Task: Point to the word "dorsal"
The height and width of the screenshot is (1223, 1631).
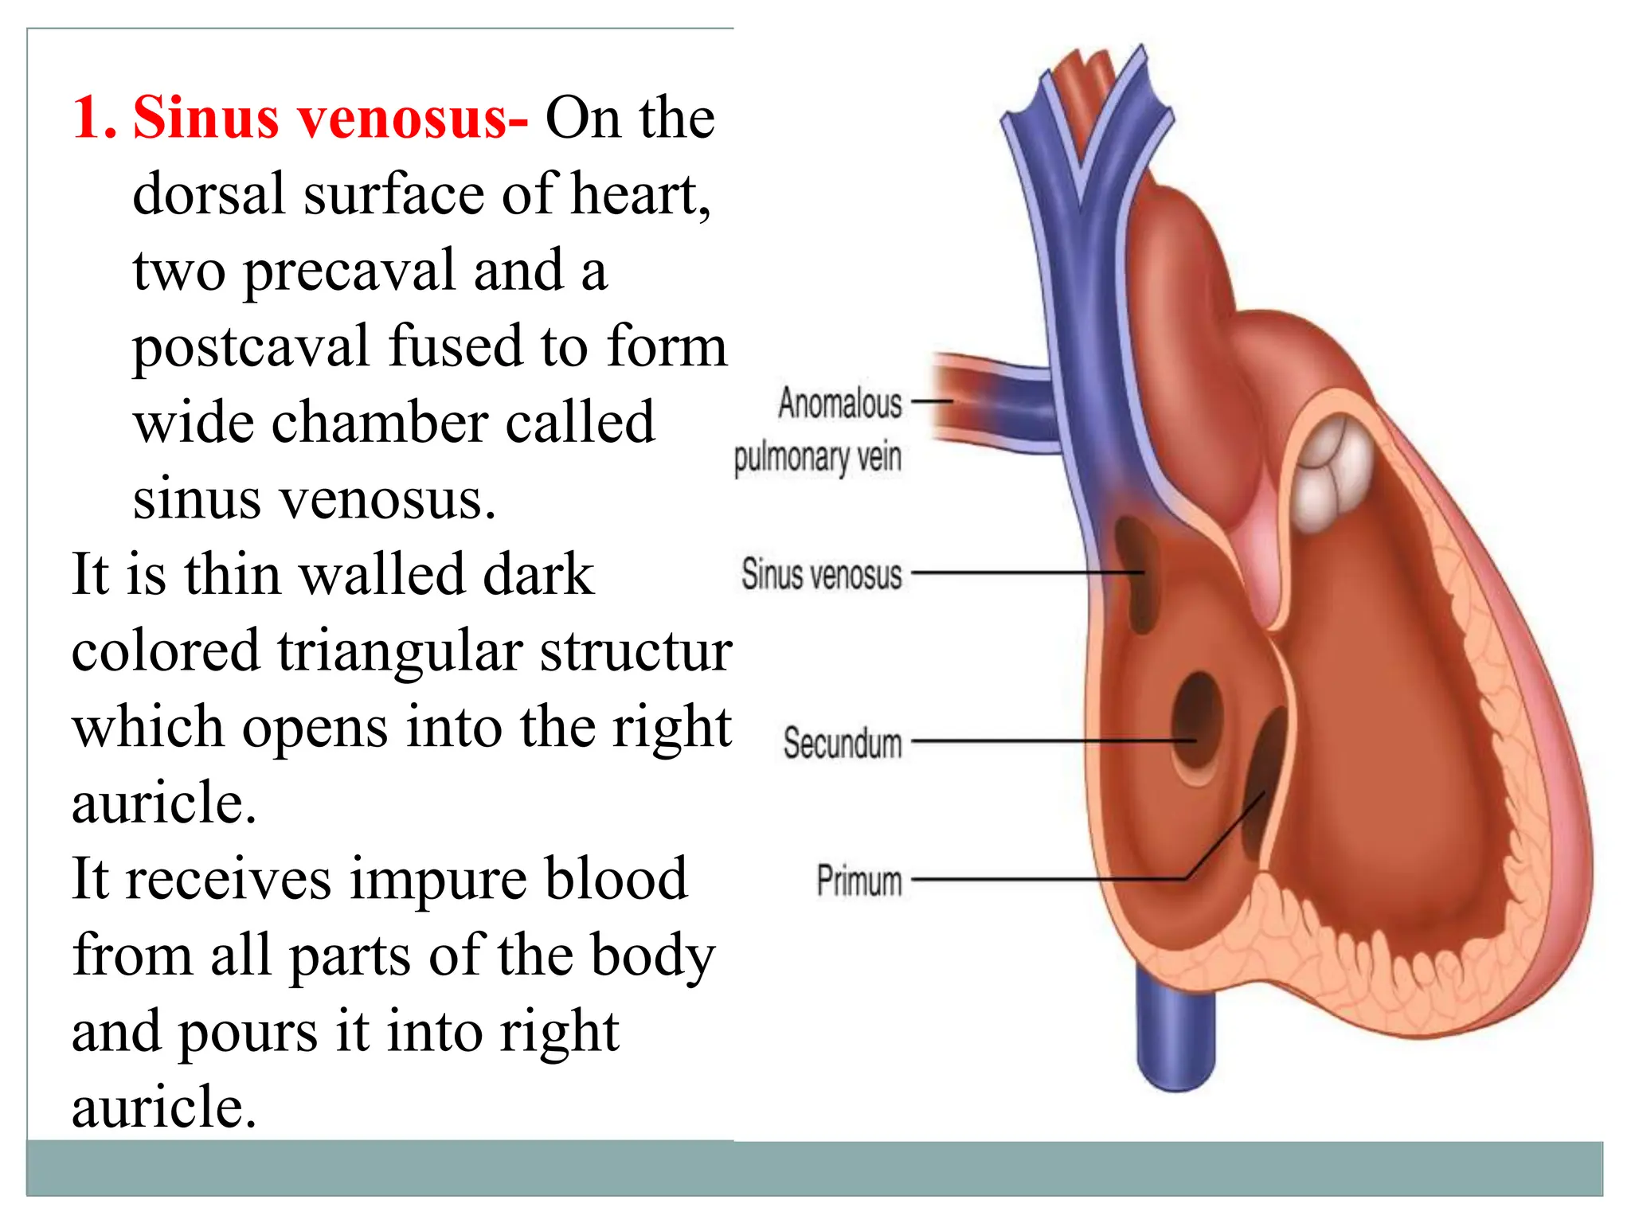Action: point(209,194)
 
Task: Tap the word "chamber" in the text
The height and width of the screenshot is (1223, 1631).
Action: point(380,423)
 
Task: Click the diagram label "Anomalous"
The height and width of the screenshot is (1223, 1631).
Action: point(840,403)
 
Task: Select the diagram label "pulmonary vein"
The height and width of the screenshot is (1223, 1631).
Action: point(818,458)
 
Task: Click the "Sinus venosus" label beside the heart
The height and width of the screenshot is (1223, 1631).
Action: point(822,573)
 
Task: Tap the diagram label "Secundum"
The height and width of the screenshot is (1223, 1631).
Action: point(843,742)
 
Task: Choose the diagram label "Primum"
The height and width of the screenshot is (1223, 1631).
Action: point(859,881)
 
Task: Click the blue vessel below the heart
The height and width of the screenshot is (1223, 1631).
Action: point(1176,1035)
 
